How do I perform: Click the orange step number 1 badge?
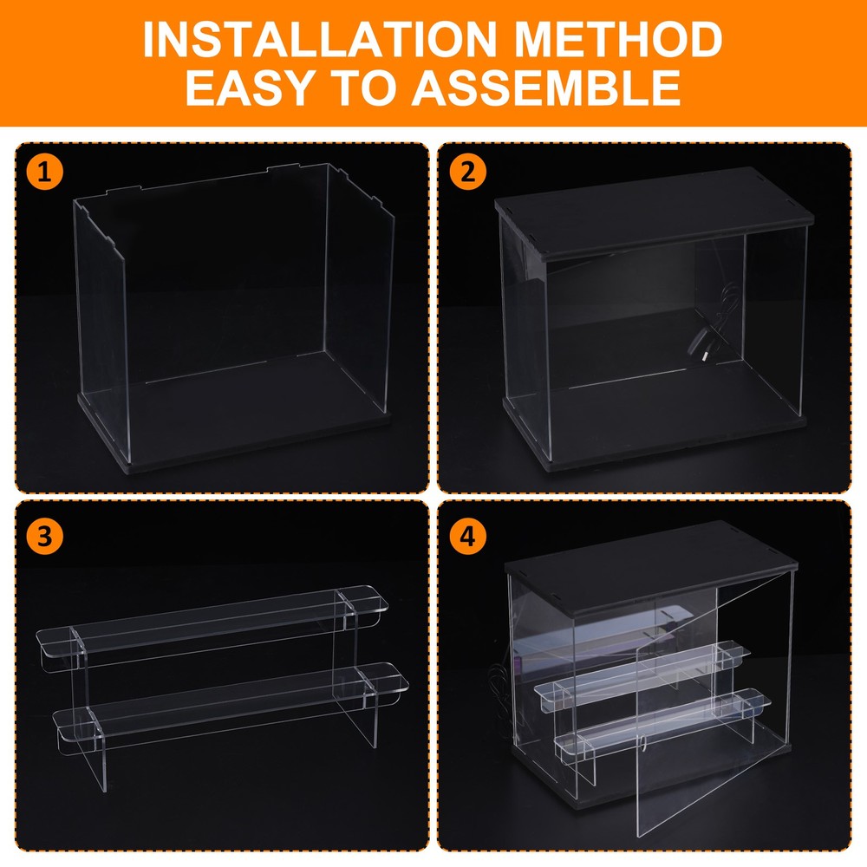(x=45, y=172)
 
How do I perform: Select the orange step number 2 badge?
(x=468, y=172)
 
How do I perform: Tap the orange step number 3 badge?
(x=45, y=536)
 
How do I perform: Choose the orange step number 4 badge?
(x=468, y=536)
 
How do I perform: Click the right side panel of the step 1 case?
(x=360, y=288)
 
